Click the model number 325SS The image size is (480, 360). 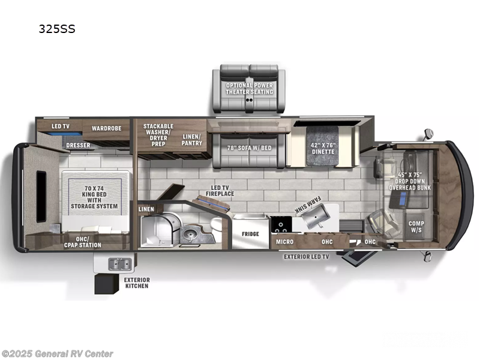click(x=57, y=29)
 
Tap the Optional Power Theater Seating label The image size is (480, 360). click(x=249, y=89)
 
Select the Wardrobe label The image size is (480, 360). click(x=107, y=128)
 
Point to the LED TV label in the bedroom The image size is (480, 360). click(x=61, y=126)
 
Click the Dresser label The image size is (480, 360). click(x=78, y=145)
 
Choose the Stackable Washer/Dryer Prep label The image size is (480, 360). click(x=158, y=135)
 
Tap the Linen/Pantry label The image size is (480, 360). click(x=191, y=140)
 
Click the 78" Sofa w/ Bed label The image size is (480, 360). click(x=249, y=148)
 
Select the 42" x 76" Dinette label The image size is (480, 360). click(x=323, y=148)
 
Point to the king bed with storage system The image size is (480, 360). click(x=95, y=201)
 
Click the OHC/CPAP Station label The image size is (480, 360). click(x=82, y=242)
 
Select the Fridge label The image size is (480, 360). click(x=250, y=234)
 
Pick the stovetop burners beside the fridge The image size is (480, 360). click(x=281, y=226)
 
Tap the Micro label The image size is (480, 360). click(x=284, y=242)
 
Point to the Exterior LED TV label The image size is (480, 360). click(x=306, y=257)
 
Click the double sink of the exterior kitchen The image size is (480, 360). click(x=120, y=264)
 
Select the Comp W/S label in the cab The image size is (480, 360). click(x=416, y=227)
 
